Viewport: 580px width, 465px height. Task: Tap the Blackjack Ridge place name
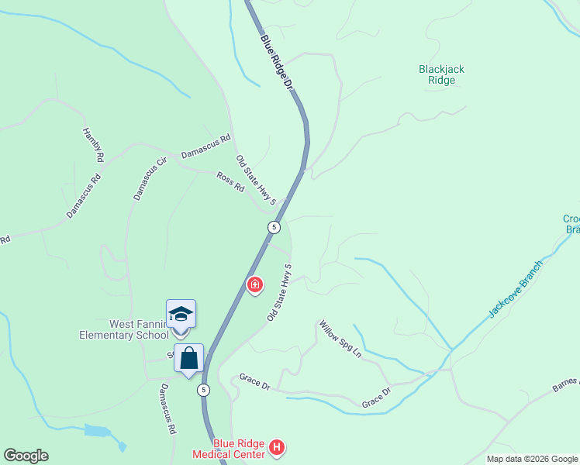coord(441,74)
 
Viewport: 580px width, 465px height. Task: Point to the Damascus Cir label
coord(150,179)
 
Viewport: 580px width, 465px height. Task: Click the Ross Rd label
coord(230,182)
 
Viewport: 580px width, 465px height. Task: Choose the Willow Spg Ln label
coord(340,339)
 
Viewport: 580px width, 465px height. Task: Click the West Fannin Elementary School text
coord(123,329)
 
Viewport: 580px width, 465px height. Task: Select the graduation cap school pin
coord(181,314)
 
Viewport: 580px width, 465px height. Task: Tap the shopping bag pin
coord(188,358)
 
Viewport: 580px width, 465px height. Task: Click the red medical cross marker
coord(254,286)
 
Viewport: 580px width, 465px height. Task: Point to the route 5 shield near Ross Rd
coord(274,227)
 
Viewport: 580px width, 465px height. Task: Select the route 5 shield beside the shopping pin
coord(203,389)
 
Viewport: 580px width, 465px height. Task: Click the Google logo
coord(26,456)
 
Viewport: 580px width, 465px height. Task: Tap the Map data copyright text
coord(532,459)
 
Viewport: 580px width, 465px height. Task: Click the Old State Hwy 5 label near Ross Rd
coord(256,181)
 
